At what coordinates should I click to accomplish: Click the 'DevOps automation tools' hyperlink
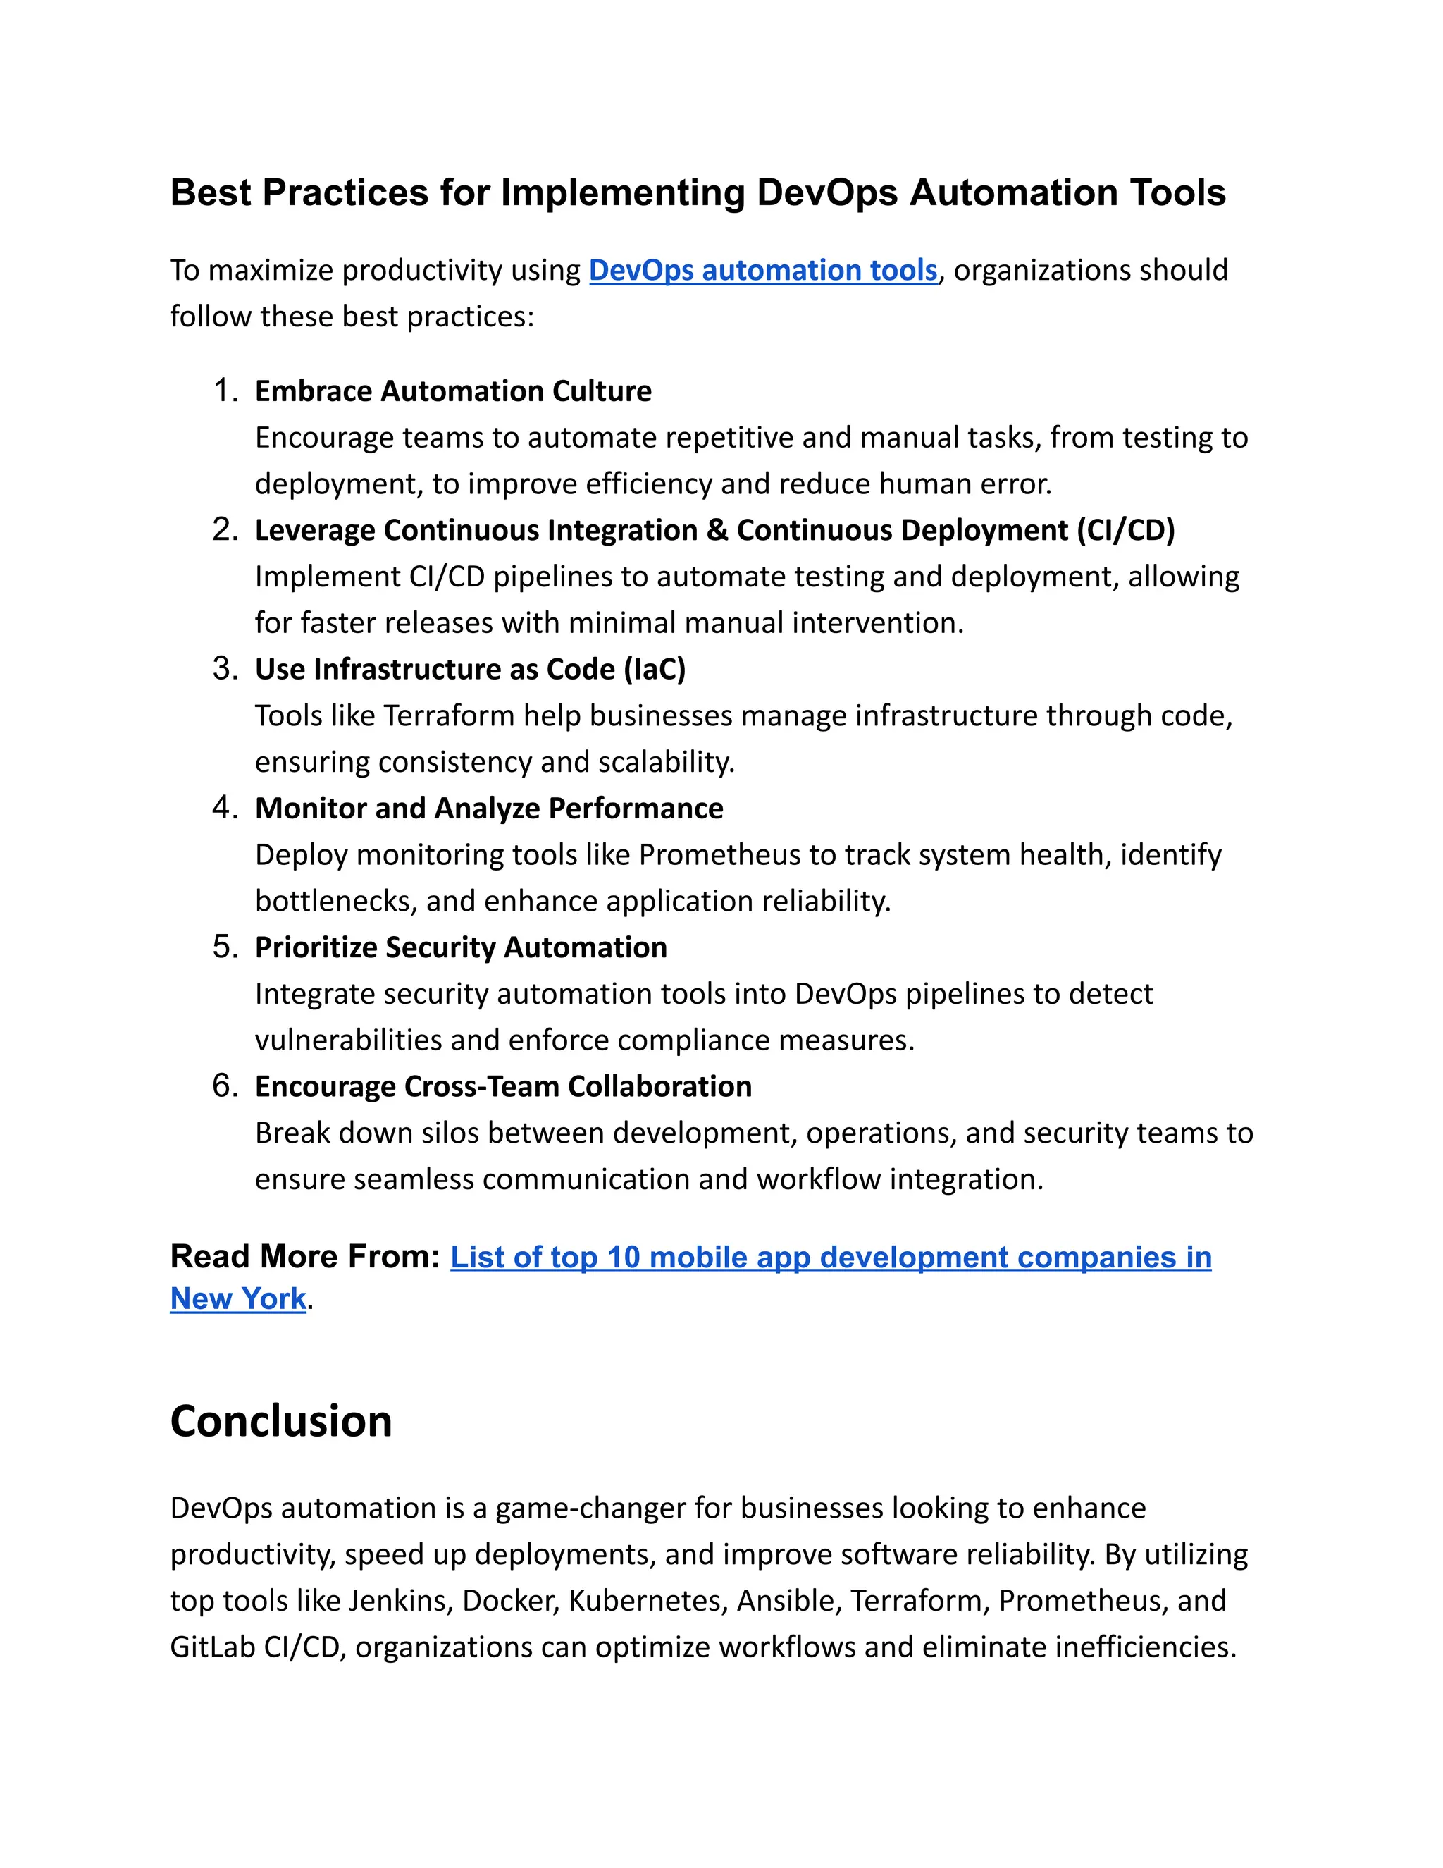click(x=762, y=270)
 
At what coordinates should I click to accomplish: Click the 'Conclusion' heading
click(x=281, y=1422)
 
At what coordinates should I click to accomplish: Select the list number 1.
click(x=224, y=391)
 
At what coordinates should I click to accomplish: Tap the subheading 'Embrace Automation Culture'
click(x=453, y=391)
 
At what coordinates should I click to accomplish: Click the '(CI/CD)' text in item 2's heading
click(x=1126, y=530)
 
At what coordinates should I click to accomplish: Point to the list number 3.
click(x=224, y=669)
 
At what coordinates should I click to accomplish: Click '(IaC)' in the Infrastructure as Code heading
click(x=655, y=669)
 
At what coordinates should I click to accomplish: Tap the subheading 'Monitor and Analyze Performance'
click(x=489, y=809)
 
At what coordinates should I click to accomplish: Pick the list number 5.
click(x=224, y=947)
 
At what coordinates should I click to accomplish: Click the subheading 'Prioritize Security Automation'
click(x=461, y=947)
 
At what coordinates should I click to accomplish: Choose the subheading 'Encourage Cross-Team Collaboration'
click(x=504, y=1086)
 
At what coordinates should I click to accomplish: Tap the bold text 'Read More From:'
click(x=304, y=1256)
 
